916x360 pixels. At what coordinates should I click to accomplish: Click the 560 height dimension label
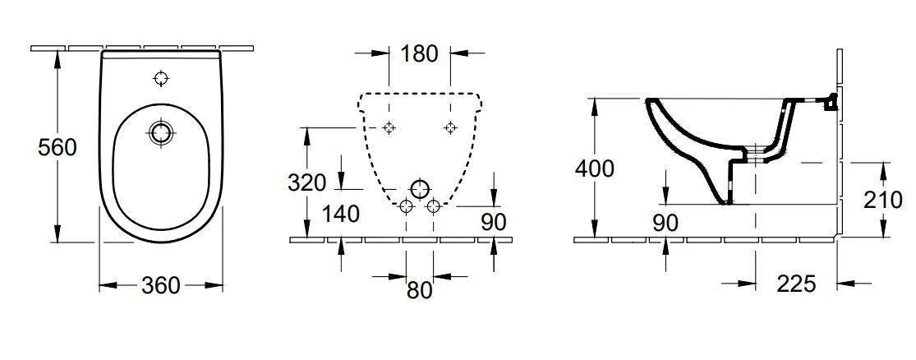(58, 147)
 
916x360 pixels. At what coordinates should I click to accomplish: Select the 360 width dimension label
(161, 285)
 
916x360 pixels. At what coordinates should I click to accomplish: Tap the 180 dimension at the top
(419, 53)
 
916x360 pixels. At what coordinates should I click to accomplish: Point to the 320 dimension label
(306, 183)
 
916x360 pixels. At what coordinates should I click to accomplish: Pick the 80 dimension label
(419, 290)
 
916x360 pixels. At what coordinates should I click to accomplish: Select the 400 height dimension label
(595, 168)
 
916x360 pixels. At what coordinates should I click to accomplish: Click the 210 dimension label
(884, 201)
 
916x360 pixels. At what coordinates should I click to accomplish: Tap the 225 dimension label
(796, 284)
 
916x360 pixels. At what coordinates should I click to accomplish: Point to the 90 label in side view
(665, 223)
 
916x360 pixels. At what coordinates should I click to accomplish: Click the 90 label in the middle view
(494, 221)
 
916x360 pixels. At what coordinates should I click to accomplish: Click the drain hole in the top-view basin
(160, 132)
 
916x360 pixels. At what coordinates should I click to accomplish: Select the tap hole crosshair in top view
(160, 78)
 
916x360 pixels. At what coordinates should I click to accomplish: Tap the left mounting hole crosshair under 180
(389, 127)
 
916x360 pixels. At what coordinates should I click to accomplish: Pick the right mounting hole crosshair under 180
(450, 127)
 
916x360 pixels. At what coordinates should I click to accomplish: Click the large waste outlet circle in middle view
(420, 189)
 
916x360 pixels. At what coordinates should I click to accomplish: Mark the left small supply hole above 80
(406, 206)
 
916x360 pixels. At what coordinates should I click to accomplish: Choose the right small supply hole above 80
(433, 206)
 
